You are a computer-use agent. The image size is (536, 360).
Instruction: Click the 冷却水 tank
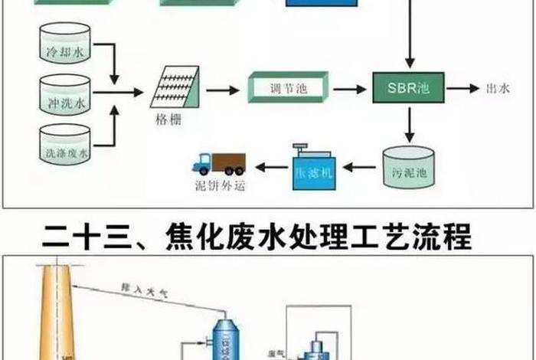(x=64, y=44)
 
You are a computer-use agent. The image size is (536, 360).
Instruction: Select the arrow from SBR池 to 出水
(x=462, y=89)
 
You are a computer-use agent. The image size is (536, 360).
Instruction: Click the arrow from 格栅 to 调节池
(x=223, y=90)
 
